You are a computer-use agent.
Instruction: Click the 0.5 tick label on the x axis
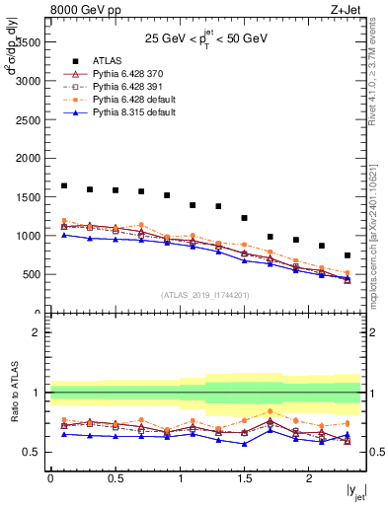click(115, 477)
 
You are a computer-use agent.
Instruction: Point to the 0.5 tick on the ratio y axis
click(34, 452)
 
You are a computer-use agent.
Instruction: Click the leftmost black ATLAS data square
click(64, 185)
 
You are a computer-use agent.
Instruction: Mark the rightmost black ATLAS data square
click(347, 255)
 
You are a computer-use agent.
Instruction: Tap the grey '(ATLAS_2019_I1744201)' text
click(205, 295)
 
